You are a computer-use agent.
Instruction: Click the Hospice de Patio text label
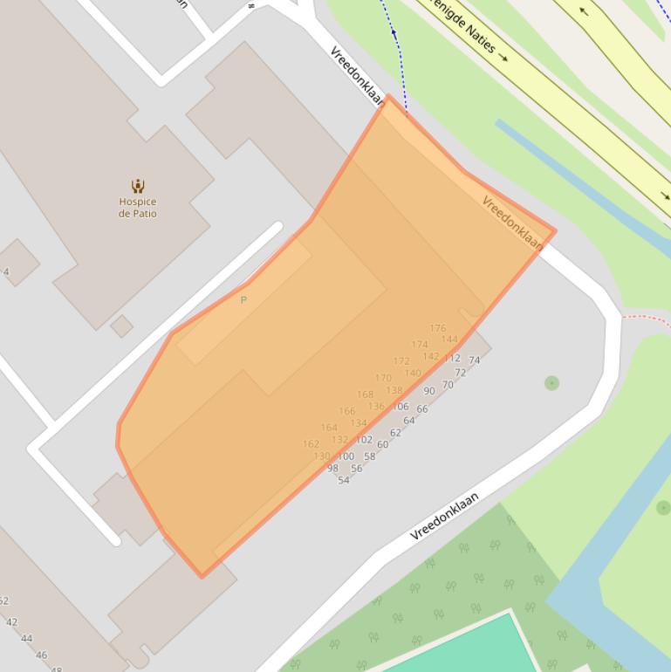click(138, 208)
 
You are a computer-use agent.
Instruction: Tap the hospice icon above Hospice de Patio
click(138, 185)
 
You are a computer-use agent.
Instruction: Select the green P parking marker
click(243, 300)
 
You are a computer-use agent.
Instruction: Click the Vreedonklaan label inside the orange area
click(511, 223)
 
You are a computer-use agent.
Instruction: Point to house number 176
click(437, 328)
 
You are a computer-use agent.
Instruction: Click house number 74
click(474, 360)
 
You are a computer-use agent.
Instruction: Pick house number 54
click(343, 480)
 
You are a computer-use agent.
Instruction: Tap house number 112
click(452, 358)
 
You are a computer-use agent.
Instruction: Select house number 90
click(428, 391)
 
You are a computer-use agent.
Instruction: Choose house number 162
click(311, 443)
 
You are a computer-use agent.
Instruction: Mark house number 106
click(401, 406)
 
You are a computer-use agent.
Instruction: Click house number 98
click(332, 469)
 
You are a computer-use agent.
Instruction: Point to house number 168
click(365, 394)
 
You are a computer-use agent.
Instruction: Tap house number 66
click(421, 408)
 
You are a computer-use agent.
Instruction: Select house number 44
click(26, 638)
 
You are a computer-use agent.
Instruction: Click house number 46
click(41, 655)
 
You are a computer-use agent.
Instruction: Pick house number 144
click(449, 339)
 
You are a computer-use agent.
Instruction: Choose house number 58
click(369, 456)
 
